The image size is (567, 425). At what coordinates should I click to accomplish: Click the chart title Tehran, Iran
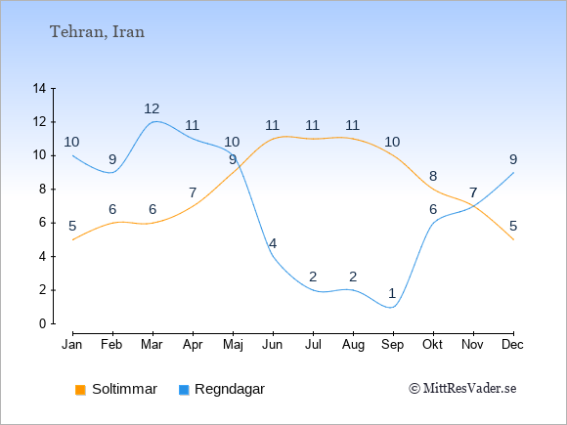97,32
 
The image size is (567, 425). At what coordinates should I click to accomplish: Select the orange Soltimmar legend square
80,390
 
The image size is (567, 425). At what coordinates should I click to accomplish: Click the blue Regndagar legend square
184,390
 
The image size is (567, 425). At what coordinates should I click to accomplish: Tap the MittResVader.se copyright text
462,389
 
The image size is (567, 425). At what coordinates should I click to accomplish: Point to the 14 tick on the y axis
39,88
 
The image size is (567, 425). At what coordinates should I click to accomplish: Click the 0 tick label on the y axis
43,323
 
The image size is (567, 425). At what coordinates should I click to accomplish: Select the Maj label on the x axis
233,345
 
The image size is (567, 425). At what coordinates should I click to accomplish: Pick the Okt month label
432,345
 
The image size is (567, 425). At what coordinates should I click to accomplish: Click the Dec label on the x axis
512,345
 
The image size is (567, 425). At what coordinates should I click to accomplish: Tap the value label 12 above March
152,108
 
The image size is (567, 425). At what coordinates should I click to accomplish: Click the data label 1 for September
392,293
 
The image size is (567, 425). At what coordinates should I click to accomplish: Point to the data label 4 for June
273,243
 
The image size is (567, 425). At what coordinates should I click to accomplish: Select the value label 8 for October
433,177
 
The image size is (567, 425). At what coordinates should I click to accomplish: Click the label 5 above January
72,227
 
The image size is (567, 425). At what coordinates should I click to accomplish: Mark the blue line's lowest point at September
392,308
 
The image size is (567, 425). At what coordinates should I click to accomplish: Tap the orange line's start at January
73,240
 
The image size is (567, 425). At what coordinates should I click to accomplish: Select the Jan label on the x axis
72,345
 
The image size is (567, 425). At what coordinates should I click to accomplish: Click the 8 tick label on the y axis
43,189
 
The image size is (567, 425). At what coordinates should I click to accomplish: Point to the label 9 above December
513,159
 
